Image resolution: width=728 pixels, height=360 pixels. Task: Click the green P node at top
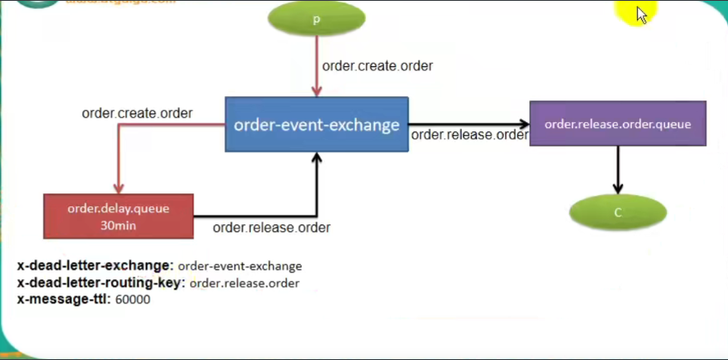pos(316,20)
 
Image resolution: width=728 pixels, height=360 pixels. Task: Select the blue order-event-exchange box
pos(316,125)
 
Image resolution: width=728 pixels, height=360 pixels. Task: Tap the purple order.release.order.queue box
pos(617,124)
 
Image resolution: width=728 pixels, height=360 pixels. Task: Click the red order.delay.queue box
pos(119,216)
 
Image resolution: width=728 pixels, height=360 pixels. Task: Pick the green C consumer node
pos(617,212)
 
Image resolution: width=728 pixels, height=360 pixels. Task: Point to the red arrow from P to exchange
pos(317,69)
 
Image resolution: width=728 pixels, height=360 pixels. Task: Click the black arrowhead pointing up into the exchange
pos(317,159)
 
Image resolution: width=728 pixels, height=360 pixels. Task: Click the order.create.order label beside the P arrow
pos(377,66)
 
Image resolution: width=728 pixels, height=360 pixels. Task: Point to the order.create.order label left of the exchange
pos(137,113)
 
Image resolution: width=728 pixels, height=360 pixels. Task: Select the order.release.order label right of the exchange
pos(468,135)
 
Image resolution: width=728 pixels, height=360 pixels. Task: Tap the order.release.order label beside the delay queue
pos(272,228)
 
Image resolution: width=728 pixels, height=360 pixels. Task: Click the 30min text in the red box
pos(119,226)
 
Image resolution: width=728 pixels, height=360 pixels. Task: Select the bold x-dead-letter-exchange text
pos(95,266)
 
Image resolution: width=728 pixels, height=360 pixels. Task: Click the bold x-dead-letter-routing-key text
pos(101,283)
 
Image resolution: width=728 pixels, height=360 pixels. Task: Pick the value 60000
pos(132,300)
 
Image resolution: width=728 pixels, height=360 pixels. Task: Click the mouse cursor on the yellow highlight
pos(641,15)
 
